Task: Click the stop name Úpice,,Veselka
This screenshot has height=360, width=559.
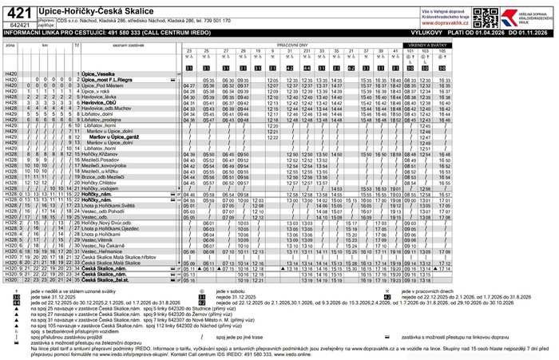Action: click(x=101, y=73)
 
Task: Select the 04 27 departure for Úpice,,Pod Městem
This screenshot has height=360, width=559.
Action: click(x=189, y=85)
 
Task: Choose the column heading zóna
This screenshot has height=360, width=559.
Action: click(x=10, y=45)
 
